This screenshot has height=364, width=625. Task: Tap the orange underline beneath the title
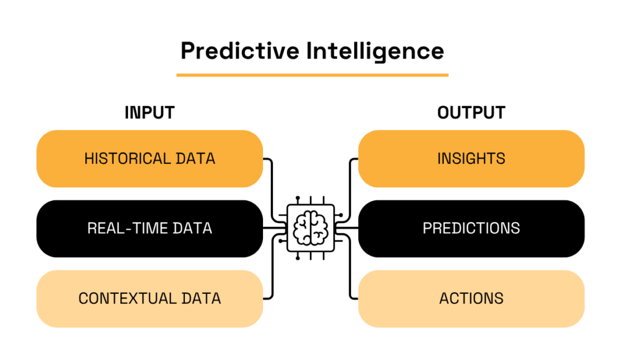312,75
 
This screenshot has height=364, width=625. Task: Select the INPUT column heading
150,113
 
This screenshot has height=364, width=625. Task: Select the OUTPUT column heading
471,113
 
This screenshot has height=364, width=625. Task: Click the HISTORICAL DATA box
150,159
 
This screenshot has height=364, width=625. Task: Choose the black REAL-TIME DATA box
150,229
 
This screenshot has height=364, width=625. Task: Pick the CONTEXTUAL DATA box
150,299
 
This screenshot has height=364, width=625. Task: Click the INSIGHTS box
471,159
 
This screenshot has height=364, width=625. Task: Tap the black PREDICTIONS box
471,229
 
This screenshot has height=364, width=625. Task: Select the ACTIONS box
471,299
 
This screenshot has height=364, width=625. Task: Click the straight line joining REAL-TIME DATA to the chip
275,228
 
